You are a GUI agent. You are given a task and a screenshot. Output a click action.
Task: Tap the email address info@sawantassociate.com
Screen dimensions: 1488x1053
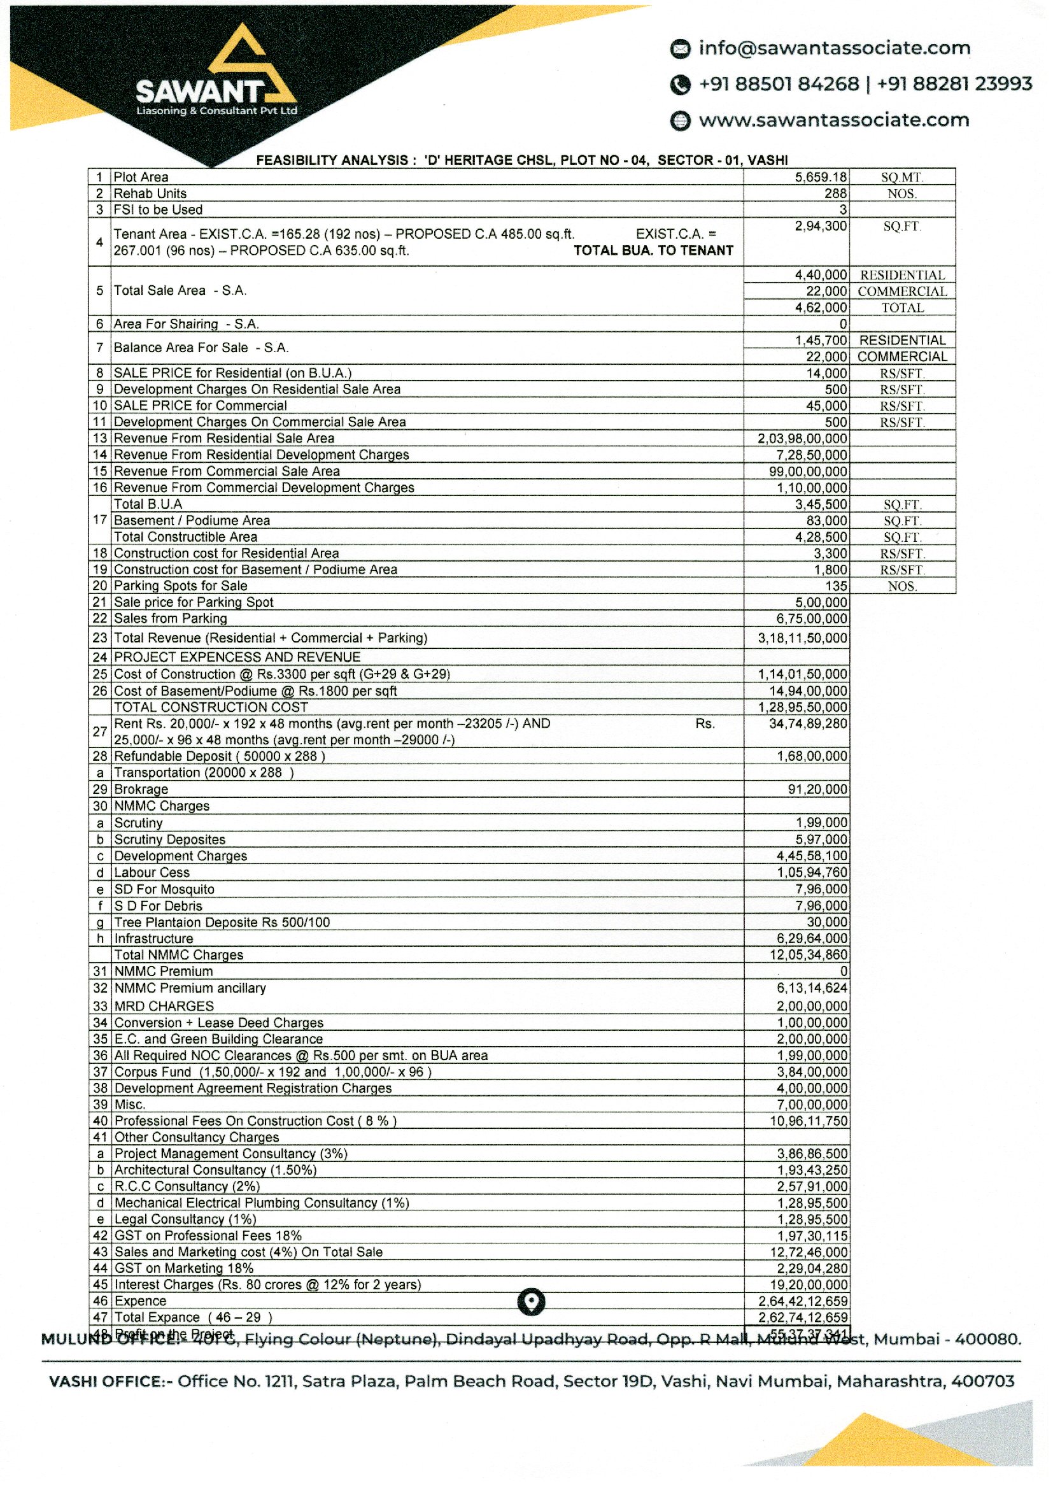tap(834, 48)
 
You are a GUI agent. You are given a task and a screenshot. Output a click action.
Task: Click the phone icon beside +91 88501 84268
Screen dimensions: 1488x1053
tap(679, 85)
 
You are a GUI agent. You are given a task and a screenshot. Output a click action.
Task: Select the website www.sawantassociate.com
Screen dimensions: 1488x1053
tap(834, 120)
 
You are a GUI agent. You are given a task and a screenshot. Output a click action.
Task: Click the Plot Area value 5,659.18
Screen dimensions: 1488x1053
tap(821, 177)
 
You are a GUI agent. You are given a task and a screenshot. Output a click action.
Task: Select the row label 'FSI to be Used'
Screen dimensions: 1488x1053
tap(157, 209)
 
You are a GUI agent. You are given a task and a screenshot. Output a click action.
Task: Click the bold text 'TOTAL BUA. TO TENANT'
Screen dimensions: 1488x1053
tap(653, 251)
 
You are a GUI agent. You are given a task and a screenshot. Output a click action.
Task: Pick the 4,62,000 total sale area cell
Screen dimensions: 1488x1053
tap(821, 308)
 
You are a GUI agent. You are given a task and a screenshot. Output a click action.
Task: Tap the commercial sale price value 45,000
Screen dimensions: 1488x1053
tap(826, 406)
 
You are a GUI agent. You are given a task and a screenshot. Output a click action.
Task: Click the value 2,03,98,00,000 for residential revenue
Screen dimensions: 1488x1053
tap(802, 438)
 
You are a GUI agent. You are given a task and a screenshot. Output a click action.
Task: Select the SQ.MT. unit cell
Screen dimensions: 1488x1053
tap(902, 177)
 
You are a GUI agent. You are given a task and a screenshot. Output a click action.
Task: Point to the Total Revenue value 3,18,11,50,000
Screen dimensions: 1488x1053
tap(802, 638)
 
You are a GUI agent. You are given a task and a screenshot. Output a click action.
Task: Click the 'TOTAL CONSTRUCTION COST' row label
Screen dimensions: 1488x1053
tap(211, 707)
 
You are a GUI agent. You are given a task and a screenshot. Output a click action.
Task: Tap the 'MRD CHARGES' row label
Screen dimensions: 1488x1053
tap(164, 1006)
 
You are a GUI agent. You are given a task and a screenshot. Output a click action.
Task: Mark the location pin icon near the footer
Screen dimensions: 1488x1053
tap(531, 1301)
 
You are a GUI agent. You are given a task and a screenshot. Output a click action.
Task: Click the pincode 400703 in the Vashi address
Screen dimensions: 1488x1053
tap(982, 1381)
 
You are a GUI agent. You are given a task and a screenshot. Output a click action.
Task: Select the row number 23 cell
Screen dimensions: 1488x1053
tap(99, 638)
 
